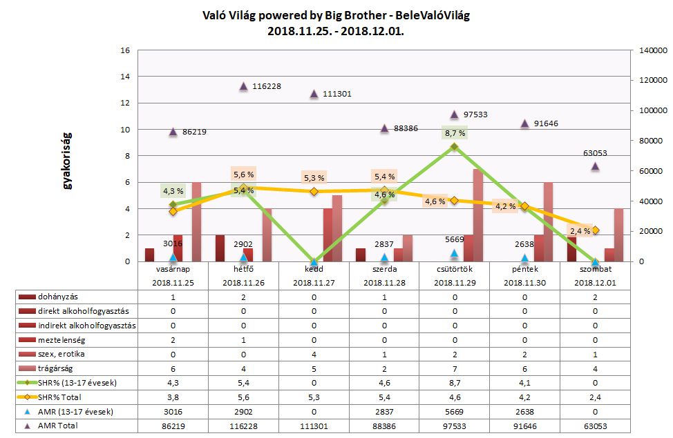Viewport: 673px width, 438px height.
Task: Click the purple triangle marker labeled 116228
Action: tap(243, 87)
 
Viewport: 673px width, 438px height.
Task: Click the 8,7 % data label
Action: tap(455, 132)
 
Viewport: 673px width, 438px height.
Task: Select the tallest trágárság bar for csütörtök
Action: tap(477, 215)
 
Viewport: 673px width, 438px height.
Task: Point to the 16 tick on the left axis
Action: tap(125, 51)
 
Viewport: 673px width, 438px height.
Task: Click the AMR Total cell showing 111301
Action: tap(314, 426)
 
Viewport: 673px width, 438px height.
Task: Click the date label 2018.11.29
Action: tap(455, 282)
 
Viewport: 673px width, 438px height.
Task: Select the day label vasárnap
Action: tap(173, 269)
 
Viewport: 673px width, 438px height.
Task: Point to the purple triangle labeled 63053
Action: tap(595, 166)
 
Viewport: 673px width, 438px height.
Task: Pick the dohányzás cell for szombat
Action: tap(595, 297)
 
